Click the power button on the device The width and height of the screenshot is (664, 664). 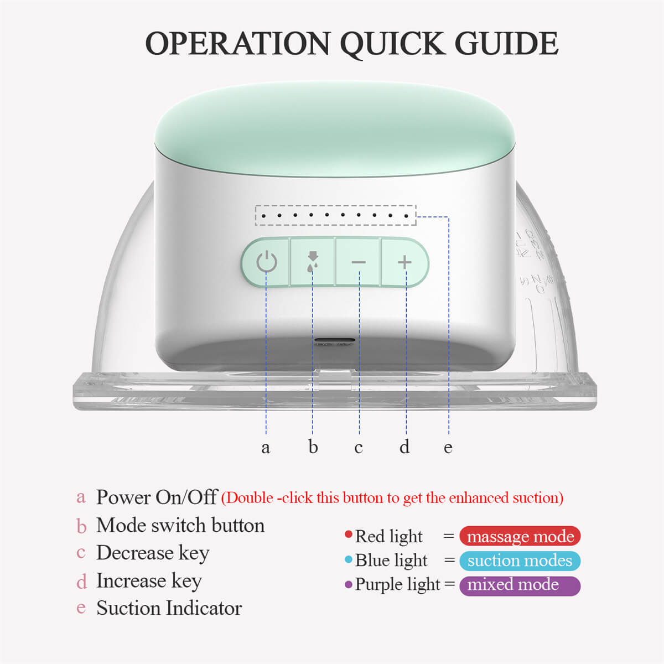[266, 262]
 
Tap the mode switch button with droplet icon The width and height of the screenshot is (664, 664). [313, 262]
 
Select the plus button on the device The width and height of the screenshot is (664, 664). [405, 262]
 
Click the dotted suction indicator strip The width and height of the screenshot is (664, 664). [335, 215]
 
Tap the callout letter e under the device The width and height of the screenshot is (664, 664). [448, 447]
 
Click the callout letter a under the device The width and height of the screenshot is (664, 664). [266, 447]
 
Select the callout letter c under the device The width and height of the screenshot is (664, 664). [359, 447]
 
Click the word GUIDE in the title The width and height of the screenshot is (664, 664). [506, 44]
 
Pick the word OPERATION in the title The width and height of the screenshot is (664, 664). [238, 44]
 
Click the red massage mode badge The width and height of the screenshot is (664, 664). [520, 536]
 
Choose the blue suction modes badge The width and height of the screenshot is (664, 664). [520, 561]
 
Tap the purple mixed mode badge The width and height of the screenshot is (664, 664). [520, 585]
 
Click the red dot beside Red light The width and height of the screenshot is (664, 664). [348, 535]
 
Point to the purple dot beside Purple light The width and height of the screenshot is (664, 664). [348, 585]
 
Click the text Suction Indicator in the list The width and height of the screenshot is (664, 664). [169, 608]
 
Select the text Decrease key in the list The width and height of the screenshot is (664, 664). [153, 553]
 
